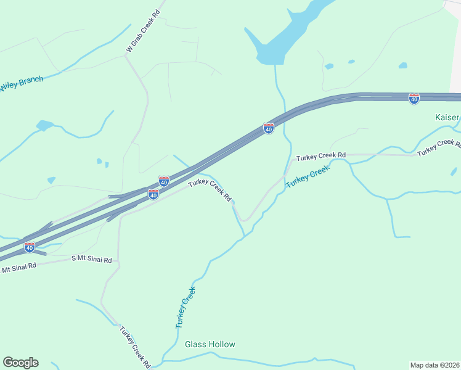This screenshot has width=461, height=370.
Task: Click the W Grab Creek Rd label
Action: pyautogui.click(x=144, y=31)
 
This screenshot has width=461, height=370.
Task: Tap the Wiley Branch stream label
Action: pyautogui.click(x=22, y=84)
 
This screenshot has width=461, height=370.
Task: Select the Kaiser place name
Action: pyautogui.click(x=447, y=117)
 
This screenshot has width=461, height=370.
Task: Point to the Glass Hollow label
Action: pyautogui.click(x=210, y=344)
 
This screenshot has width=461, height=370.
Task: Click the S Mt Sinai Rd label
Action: pyautogui.click(x=92, y=260)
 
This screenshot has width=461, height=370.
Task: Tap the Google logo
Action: pyautogui.click(x=20, y=363)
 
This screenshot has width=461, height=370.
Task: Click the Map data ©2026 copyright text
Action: pyautogui.click(x=434, y=365)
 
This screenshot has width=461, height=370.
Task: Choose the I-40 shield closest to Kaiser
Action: pyautogui.click(x=414, y=99)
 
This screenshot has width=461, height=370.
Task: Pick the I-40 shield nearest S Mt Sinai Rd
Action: pyautogui.click(x=30, y=247)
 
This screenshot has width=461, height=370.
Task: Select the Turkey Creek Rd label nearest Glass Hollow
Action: pyautogui.click(x=134, y=347)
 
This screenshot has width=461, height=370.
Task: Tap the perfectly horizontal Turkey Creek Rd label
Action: pyautogui.click(x=320, y=157)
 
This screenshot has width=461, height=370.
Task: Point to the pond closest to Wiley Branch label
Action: pyautogui.click(x=44, y=126)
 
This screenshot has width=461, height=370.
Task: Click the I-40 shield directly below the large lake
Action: pyautogui.click(x=269, y=128)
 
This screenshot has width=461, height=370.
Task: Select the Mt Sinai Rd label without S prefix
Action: pyautogui.click(x=18, y=268)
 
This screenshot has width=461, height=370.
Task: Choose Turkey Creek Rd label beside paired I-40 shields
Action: pyautogui.click(x=210, y=190)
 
